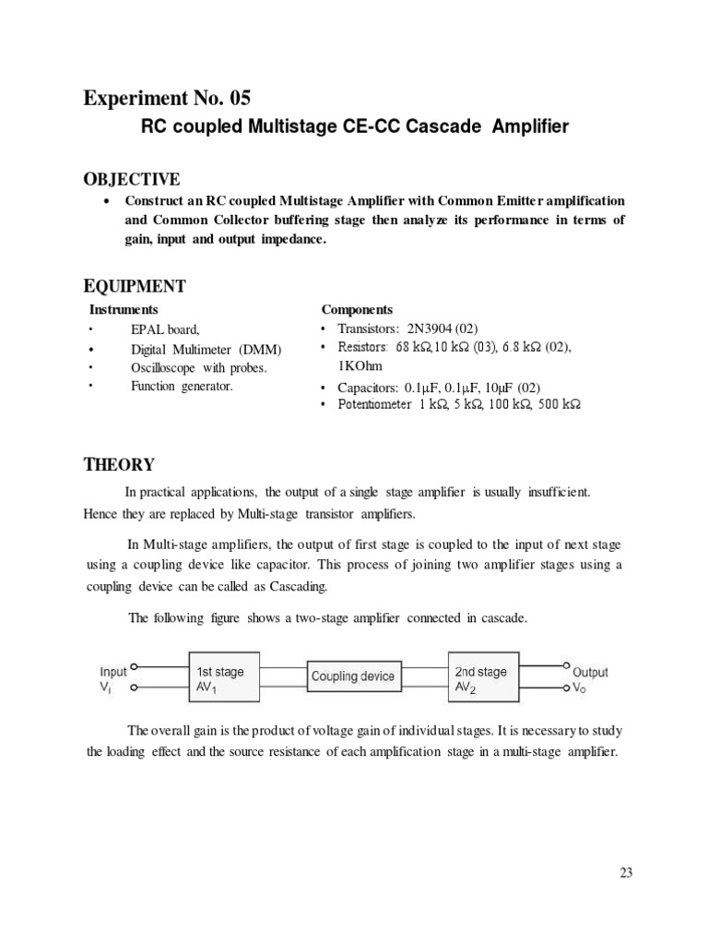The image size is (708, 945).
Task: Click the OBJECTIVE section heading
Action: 132,178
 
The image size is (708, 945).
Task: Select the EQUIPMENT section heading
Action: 135,286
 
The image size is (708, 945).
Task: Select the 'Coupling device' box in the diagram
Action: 352,676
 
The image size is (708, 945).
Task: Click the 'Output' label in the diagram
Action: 590,672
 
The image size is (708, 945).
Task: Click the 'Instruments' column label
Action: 123,309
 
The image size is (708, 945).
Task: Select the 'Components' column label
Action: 357,309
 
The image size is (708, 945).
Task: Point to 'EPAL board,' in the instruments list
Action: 165,329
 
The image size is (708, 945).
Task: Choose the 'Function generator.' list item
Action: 182,386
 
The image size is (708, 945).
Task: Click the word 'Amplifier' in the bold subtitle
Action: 527,126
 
